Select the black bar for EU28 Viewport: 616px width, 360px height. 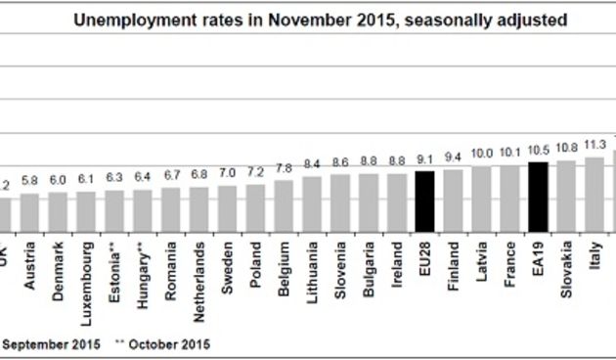click(x=424, y=199)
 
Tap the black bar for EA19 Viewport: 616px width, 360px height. click(x=537, y=194)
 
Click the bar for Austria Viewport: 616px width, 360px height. click(x=30, y=209)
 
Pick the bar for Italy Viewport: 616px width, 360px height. click(x=594, y=192)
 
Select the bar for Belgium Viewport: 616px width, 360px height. click(x=284, y=203)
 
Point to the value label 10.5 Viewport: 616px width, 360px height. click(x=537, y=152)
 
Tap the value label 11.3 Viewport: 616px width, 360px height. click(x=594, y=146)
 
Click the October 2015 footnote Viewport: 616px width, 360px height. click(x=163, y=343)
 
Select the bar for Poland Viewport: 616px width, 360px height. click(x=255, y=205)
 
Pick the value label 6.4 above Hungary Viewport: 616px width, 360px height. click(x=143, y=179)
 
